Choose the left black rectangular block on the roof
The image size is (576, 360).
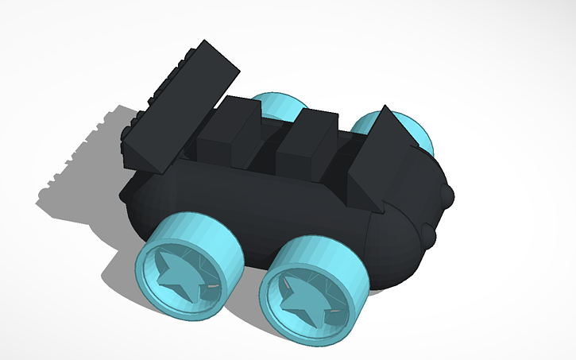(x=226, y=135)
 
